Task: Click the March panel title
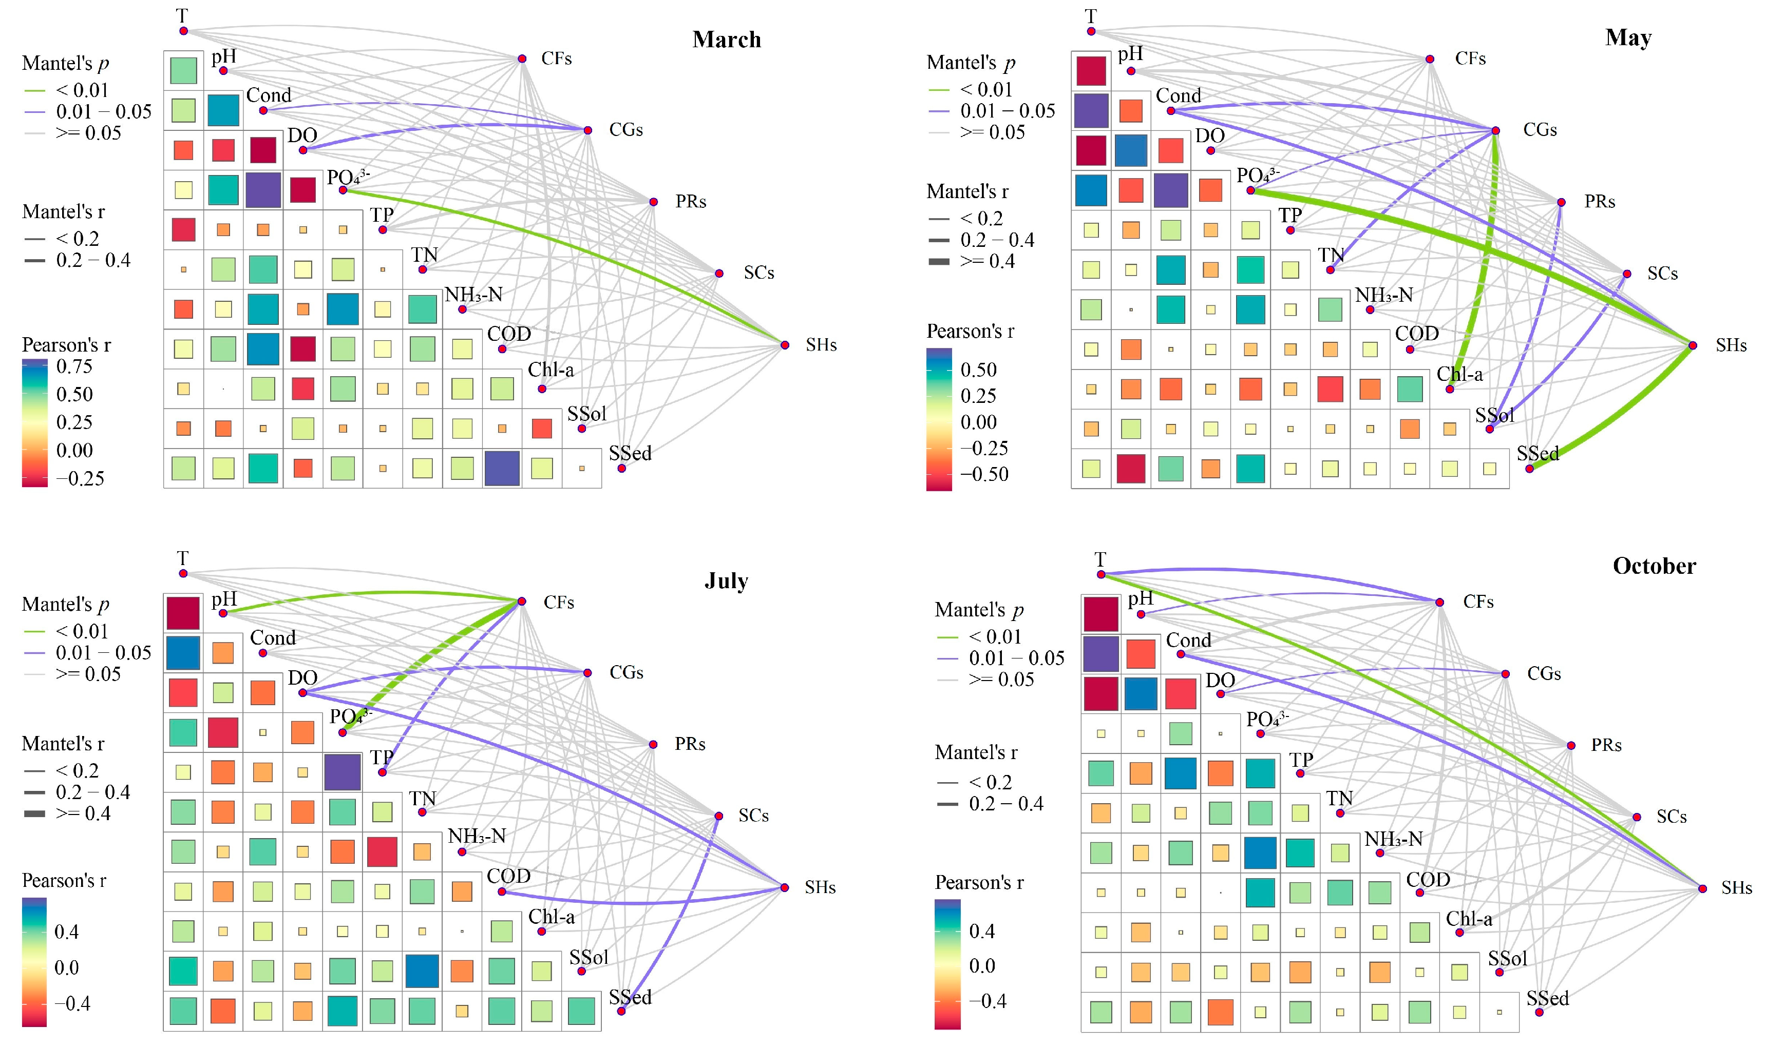tap(726, 40)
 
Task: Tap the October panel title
tap(1654, 566)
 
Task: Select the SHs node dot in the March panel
tap(785, 345)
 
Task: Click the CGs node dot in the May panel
tap(1495, 130)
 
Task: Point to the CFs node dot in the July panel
tap(522, 601)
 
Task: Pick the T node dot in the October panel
tap(1100, 574)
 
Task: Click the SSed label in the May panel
tap(1538, 453)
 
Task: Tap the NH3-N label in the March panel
tap(473, 294)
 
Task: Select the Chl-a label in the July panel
tap(551, 917)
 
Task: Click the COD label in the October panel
tap(1428, 879)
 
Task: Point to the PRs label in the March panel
tap(690, 201)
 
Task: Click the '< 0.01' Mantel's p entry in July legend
tap(82, 631)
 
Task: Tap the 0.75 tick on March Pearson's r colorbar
tap(74, 366)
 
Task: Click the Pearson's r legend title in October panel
tap(979, 882)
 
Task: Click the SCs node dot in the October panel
tap(1637, 817)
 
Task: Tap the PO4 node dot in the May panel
tap(1250, 190)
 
